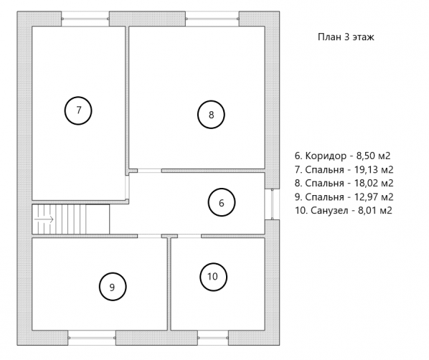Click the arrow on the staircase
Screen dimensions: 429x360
click(x=44, y=219)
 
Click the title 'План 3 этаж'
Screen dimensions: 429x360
click(x=346, y=37)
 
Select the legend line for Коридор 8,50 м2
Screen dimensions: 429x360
click(x=342, y=156)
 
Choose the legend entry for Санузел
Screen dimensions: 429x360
click(x=344, y=210)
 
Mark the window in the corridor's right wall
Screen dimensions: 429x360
click(x=272, y=204)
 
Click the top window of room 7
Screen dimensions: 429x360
click(x=85, y=19)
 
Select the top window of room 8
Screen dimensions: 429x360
click(x=212, y=19)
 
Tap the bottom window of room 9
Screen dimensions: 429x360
click(x=92, y=338)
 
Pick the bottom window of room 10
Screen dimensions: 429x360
click(x=213, y=338)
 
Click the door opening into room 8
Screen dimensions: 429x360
click(x=149, y=171)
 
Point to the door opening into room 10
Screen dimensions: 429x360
click(x=189, y=236)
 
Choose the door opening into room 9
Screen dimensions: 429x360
click(x=149, y=236)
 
